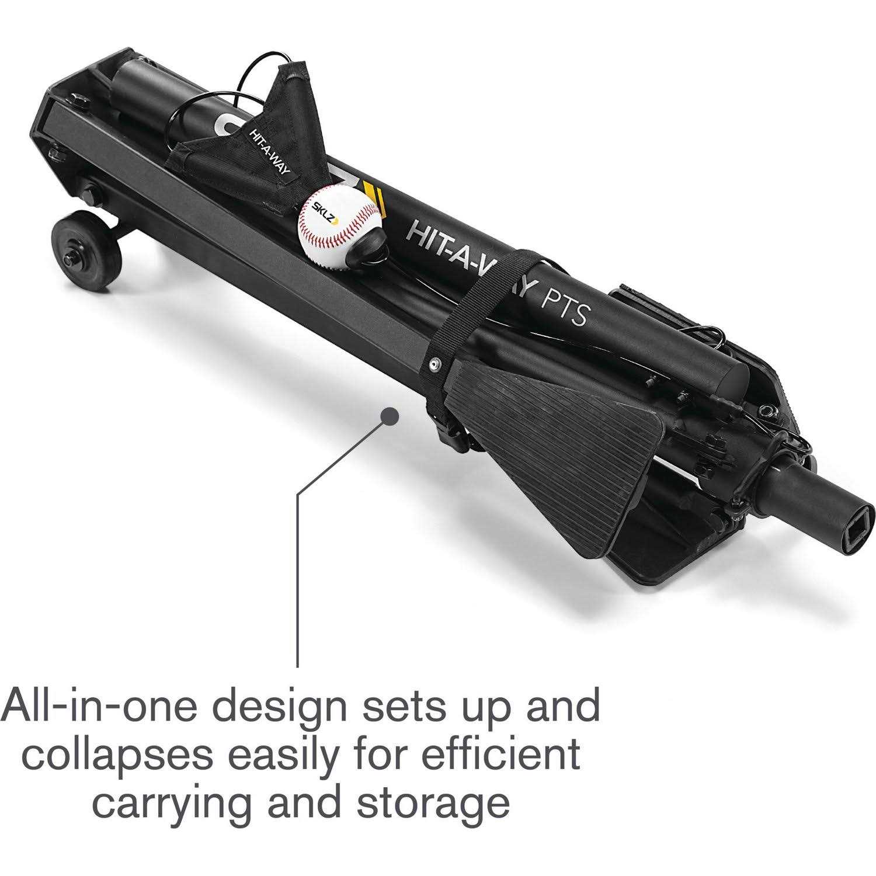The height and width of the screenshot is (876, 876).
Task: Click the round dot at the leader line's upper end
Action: [390, 417]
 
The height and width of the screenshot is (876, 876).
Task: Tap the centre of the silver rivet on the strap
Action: [435, 364]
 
